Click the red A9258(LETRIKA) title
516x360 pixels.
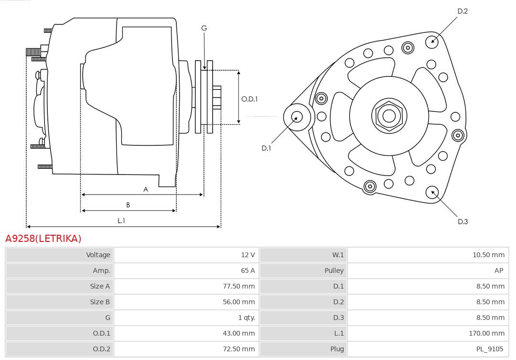click(x=43, y=238)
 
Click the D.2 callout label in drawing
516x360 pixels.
click(x=462, y=11)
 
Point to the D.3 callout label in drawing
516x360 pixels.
click(x=462, y=221)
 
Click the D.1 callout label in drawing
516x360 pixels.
click(x=266, y=148)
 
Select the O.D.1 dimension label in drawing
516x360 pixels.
click(x=249, y=99)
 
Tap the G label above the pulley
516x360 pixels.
click(x=204, y=28)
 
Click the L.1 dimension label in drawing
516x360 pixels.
click(x=121, y=220)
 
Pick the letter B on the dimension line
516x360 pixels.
click(x=128, y=205)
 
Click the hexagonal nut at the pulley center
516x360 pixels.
click(x=389, y=116)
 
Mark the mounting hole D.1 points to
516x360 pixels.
click(x=297, y=116)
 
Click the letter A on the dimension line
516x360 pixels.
click(x=146, y=189)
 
